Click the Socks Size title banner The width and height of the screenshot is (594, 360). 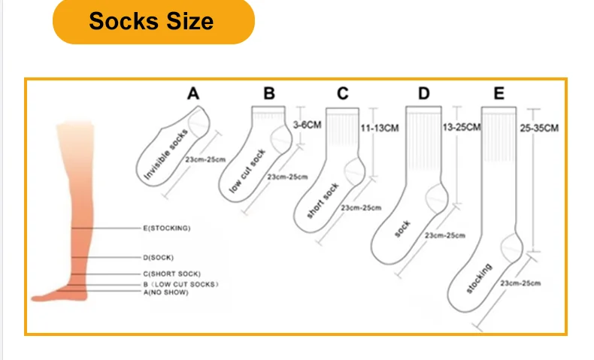[153, 21]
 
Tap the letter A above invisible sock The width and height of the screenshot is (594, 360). [193, 94]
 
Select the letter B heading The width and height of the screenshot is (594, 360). [269, 94]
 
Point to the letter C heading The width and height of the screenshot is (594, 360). [343, 94]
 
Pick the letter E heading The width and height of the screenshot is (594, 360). [499, 94]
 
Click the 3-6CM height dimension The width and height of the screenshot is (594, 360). [308, 124]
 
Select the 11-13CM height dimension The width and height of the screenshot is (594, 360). [379, 129]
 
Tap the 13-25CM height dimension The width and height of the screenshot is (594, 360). [462, 127]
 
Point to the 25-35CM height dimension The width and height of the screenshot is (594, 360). [540, 128]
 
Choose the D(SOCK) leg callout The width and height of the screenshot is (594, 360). [158, 258]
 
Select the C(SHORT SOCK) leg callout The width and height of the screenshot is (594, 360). [171, 274]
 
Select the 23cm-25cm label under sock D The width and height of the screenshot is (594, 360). [444, 235]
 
